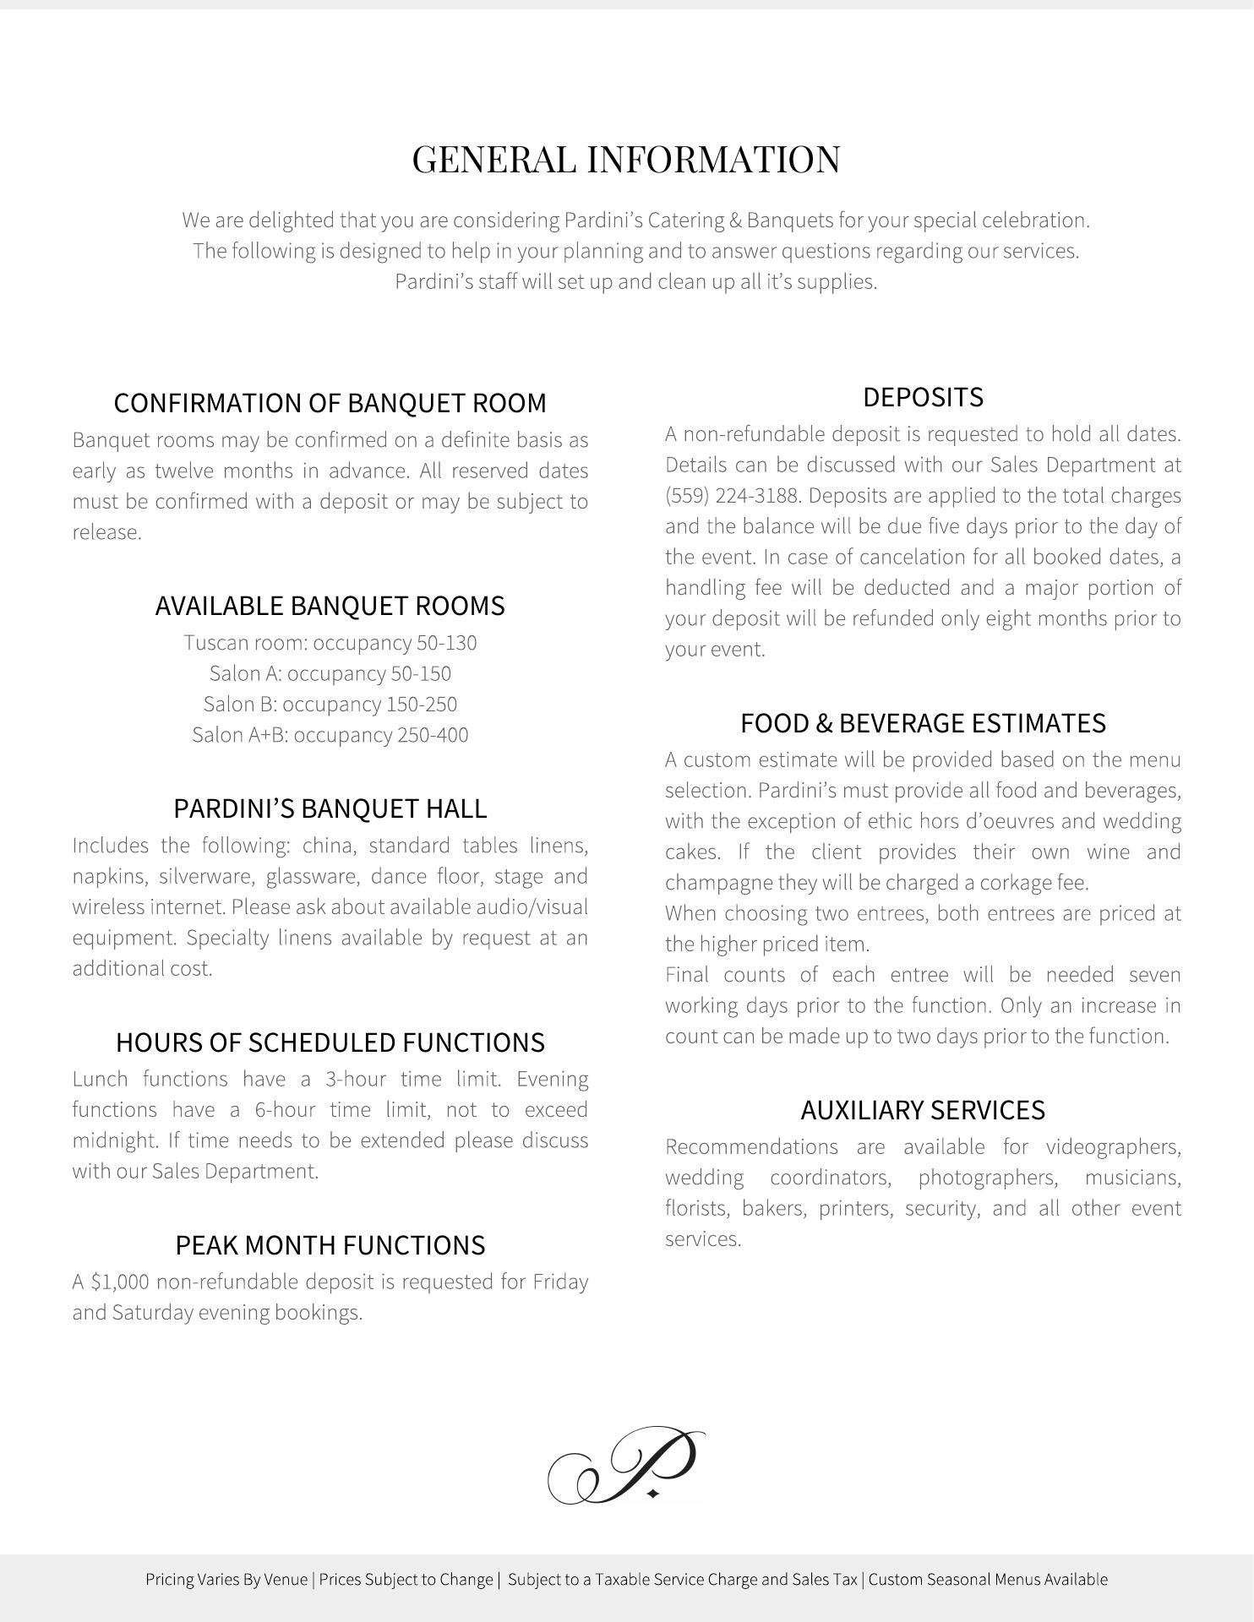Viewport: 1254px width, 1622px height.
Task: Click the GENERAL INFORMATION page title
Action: tap(626, 160)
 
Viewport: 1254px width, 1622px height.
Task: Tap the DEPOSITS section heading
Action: tap(923, 397)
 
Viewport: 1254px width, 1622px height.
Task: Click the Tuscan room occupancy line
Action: tap(330, 643)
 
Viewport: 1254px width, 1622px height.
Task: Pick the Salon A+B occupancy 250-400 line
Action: tap(330, 735)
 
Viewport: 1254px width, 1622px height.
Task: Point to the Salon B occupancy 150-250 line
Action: tap(330, 705)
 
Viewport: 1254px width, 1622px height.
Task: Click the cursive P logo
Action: tap(626, 1465)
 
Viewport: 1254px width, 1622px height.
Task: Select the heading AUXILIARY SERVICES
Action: tap(923, 1110)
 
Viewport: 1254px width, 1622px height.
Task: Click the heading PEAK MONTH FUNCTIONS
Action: tap(330, 1245)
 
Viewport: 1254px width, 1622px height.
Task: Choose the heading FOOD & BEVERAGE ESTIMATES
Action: tap(923, 723)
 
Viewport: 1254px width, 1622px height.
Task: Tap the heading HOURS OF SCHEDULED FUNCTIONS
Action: tap(330, 1042)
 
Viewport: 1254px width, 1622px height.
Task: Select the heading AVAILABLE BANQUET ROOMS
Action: tap(330, 606)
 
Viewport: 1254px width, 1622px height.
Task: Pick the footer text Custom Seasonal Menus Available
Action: tap(988, 1580)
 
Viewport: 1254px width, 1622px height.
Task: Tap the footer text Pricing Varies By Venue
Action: tap(226, 1580)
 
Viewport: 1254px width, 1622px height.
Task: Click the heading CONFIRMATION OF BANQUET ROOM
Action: tap(330, 403)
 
